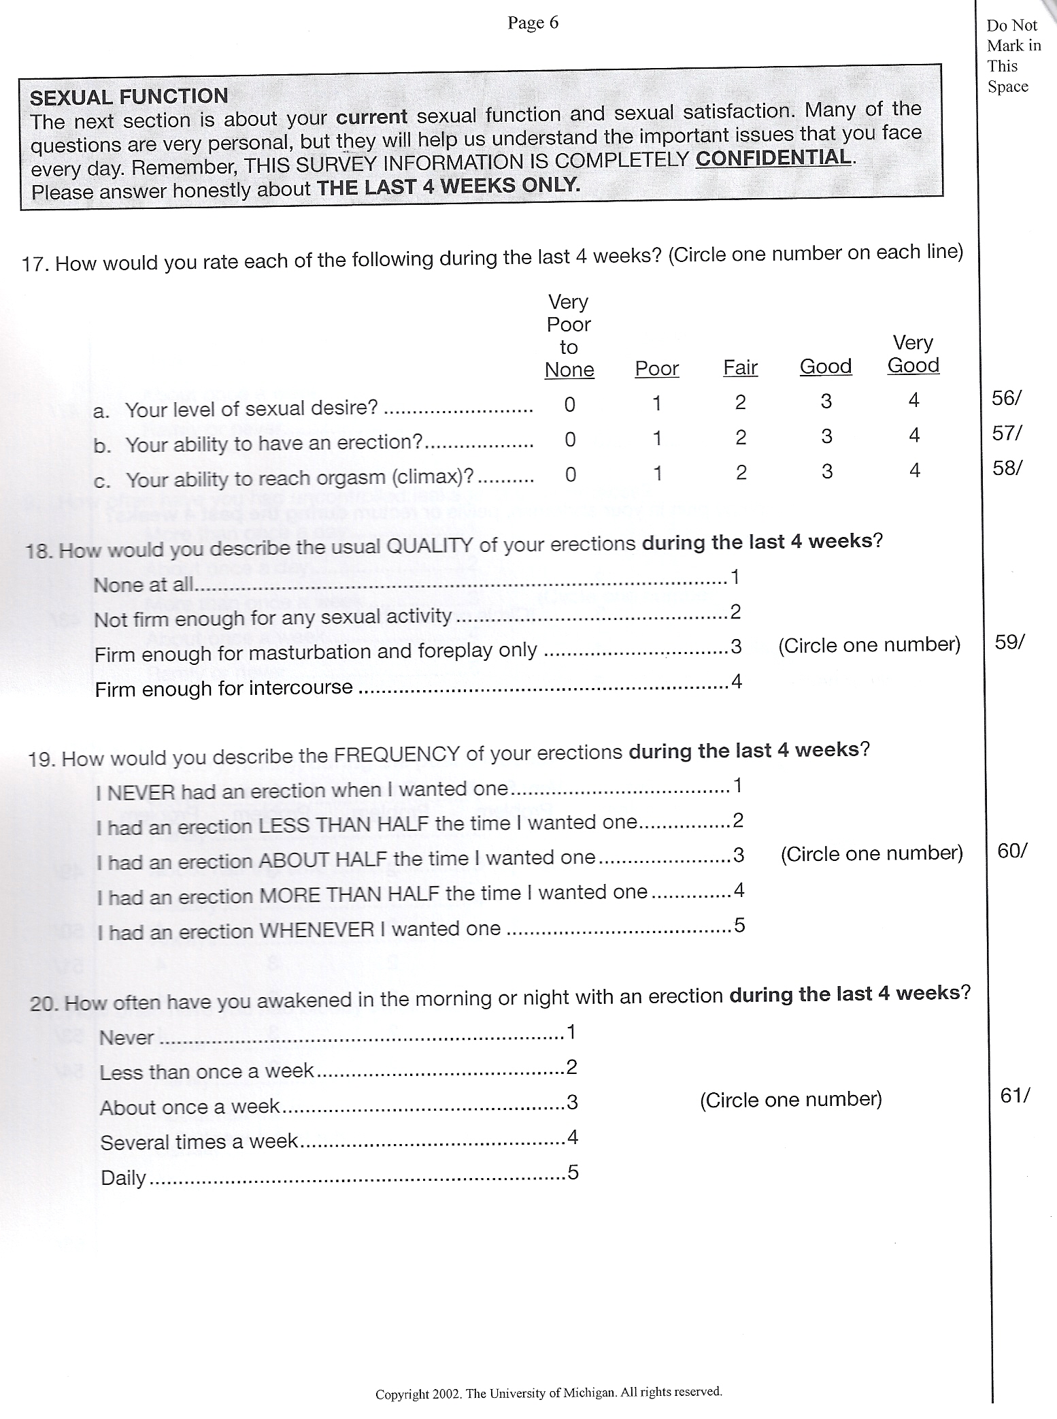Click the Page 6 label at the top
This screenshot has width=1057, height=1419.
533,23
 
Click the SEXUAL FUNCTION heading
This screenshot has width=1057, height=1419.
129,97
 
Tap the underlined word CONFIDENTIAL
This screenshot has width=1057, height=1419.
773,157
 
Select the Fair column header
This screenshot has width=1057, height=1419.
740,368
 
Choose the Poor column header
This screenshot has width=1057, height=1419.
656,368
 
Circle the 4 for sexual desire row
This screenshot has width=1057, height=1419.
913,400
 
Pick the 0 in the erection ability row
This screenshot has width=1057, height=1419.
570,439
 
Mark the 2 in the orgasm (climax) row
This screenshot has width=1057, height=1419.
741,472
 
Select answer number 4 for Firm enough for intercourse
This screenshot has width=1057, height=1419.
736,681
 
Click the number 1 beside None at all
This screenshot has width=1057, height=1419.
735,578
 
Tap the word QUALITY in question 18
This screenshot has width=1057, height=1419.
429,546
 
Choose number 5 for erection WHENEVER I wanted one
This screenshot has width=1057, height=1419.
739,925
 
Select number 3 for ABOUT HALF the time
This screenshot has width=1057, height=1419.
739,855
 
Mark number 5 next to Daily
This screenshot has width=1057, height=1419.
573,1172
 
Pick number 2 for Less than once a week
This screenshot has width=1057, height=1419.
571,1066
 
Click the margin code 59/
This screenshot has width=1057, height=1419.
1009,642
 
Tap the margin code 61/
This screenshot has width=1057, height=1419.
1015,1095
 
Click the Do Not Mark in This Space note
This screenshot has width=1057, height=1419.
1013,56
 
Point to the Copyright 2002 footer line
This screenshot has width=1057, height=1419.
548,1392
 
